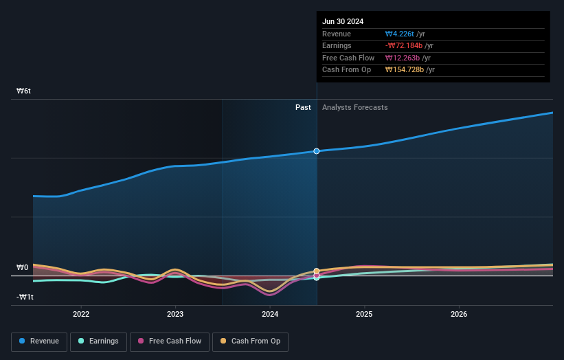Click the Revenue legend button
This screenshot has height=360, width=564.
click(39, 341)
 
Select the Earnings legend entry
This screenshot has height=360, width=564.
click(98, 341)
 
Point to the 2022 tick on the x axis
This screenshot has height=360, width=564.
click(81, 315)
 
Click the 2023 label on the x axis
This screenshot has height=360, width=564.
click(175, 315)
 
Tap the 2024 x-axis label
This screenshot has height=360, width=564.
click(270, 315)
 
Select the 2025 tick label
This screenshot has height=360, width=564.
click(364, 315)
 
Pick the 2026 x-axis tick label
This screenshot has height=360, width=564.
click(459, 315)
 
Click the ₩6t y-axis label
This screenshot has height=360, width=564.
click(24, 91)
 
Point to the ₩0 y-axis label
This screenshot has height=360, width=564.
click(23, 267)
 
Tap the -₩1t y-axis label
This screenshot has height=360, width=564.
click(25, 297)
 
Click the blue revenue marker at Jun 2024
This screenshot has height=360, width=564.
click(317, 151)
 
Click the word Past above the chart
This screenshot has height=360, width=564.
click(303, 108)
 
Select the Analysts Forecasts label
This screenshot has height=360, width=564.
click(354, 108)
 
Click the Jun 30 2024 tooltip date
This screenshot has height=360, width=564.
click(343, 21)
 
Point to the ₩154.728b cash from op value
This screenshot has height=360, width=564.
click(404, 69)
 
